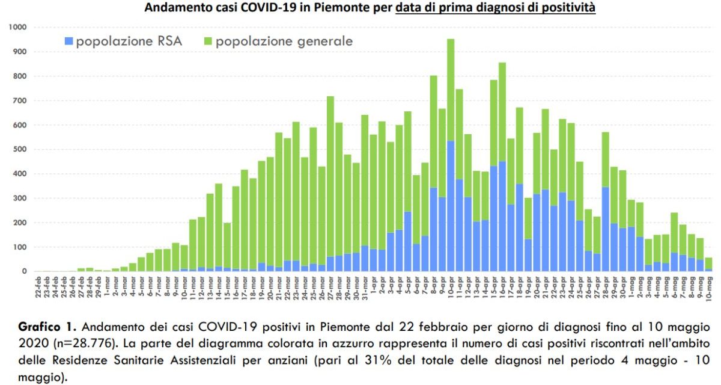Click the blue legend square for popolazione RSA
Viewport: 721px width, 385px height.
pyautogui.click(x=68, y=42)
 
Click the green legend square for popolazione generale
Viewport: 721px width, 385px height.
pyautogui.click(x=208, y=42)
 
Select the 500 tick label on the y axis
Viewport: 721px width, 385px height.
pyautogui.click(x=20, y=150)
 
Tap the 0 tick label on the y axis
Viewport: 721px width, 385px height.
pyautogui.click(x=24, y=272)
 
